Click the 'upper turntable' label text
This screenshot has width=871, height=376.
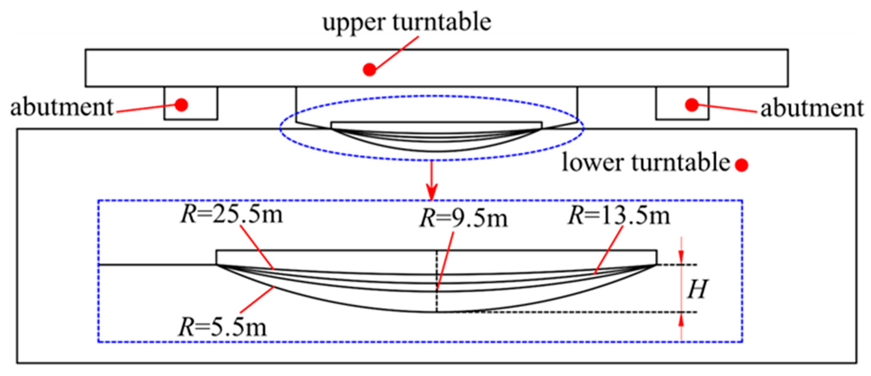pos(407,22)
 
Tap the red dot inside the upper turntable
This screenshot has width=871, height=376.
pos(369,70)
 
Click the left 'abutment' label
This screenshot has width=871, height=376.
pos(62,108)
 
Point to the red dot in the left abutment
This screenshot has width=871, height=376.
pos(182,105)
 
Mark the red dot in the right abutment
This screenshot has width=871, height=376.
pos(692,105)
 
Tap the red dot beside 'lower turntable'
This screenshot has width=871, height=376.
pos(741,165)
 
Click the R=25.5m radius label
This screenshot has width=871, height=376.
pos(232,215)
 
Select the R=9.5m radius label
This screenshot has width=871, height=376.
pos(464,219)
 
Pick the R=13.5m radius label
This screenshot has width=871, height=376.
pos(619,216)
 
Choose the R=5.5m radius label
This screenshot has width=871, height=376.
pos(223,327)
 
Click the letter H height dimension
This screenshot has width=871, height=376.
pos(697,289)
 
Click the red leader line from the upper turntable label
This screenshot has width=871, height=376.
pos(396,52)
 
